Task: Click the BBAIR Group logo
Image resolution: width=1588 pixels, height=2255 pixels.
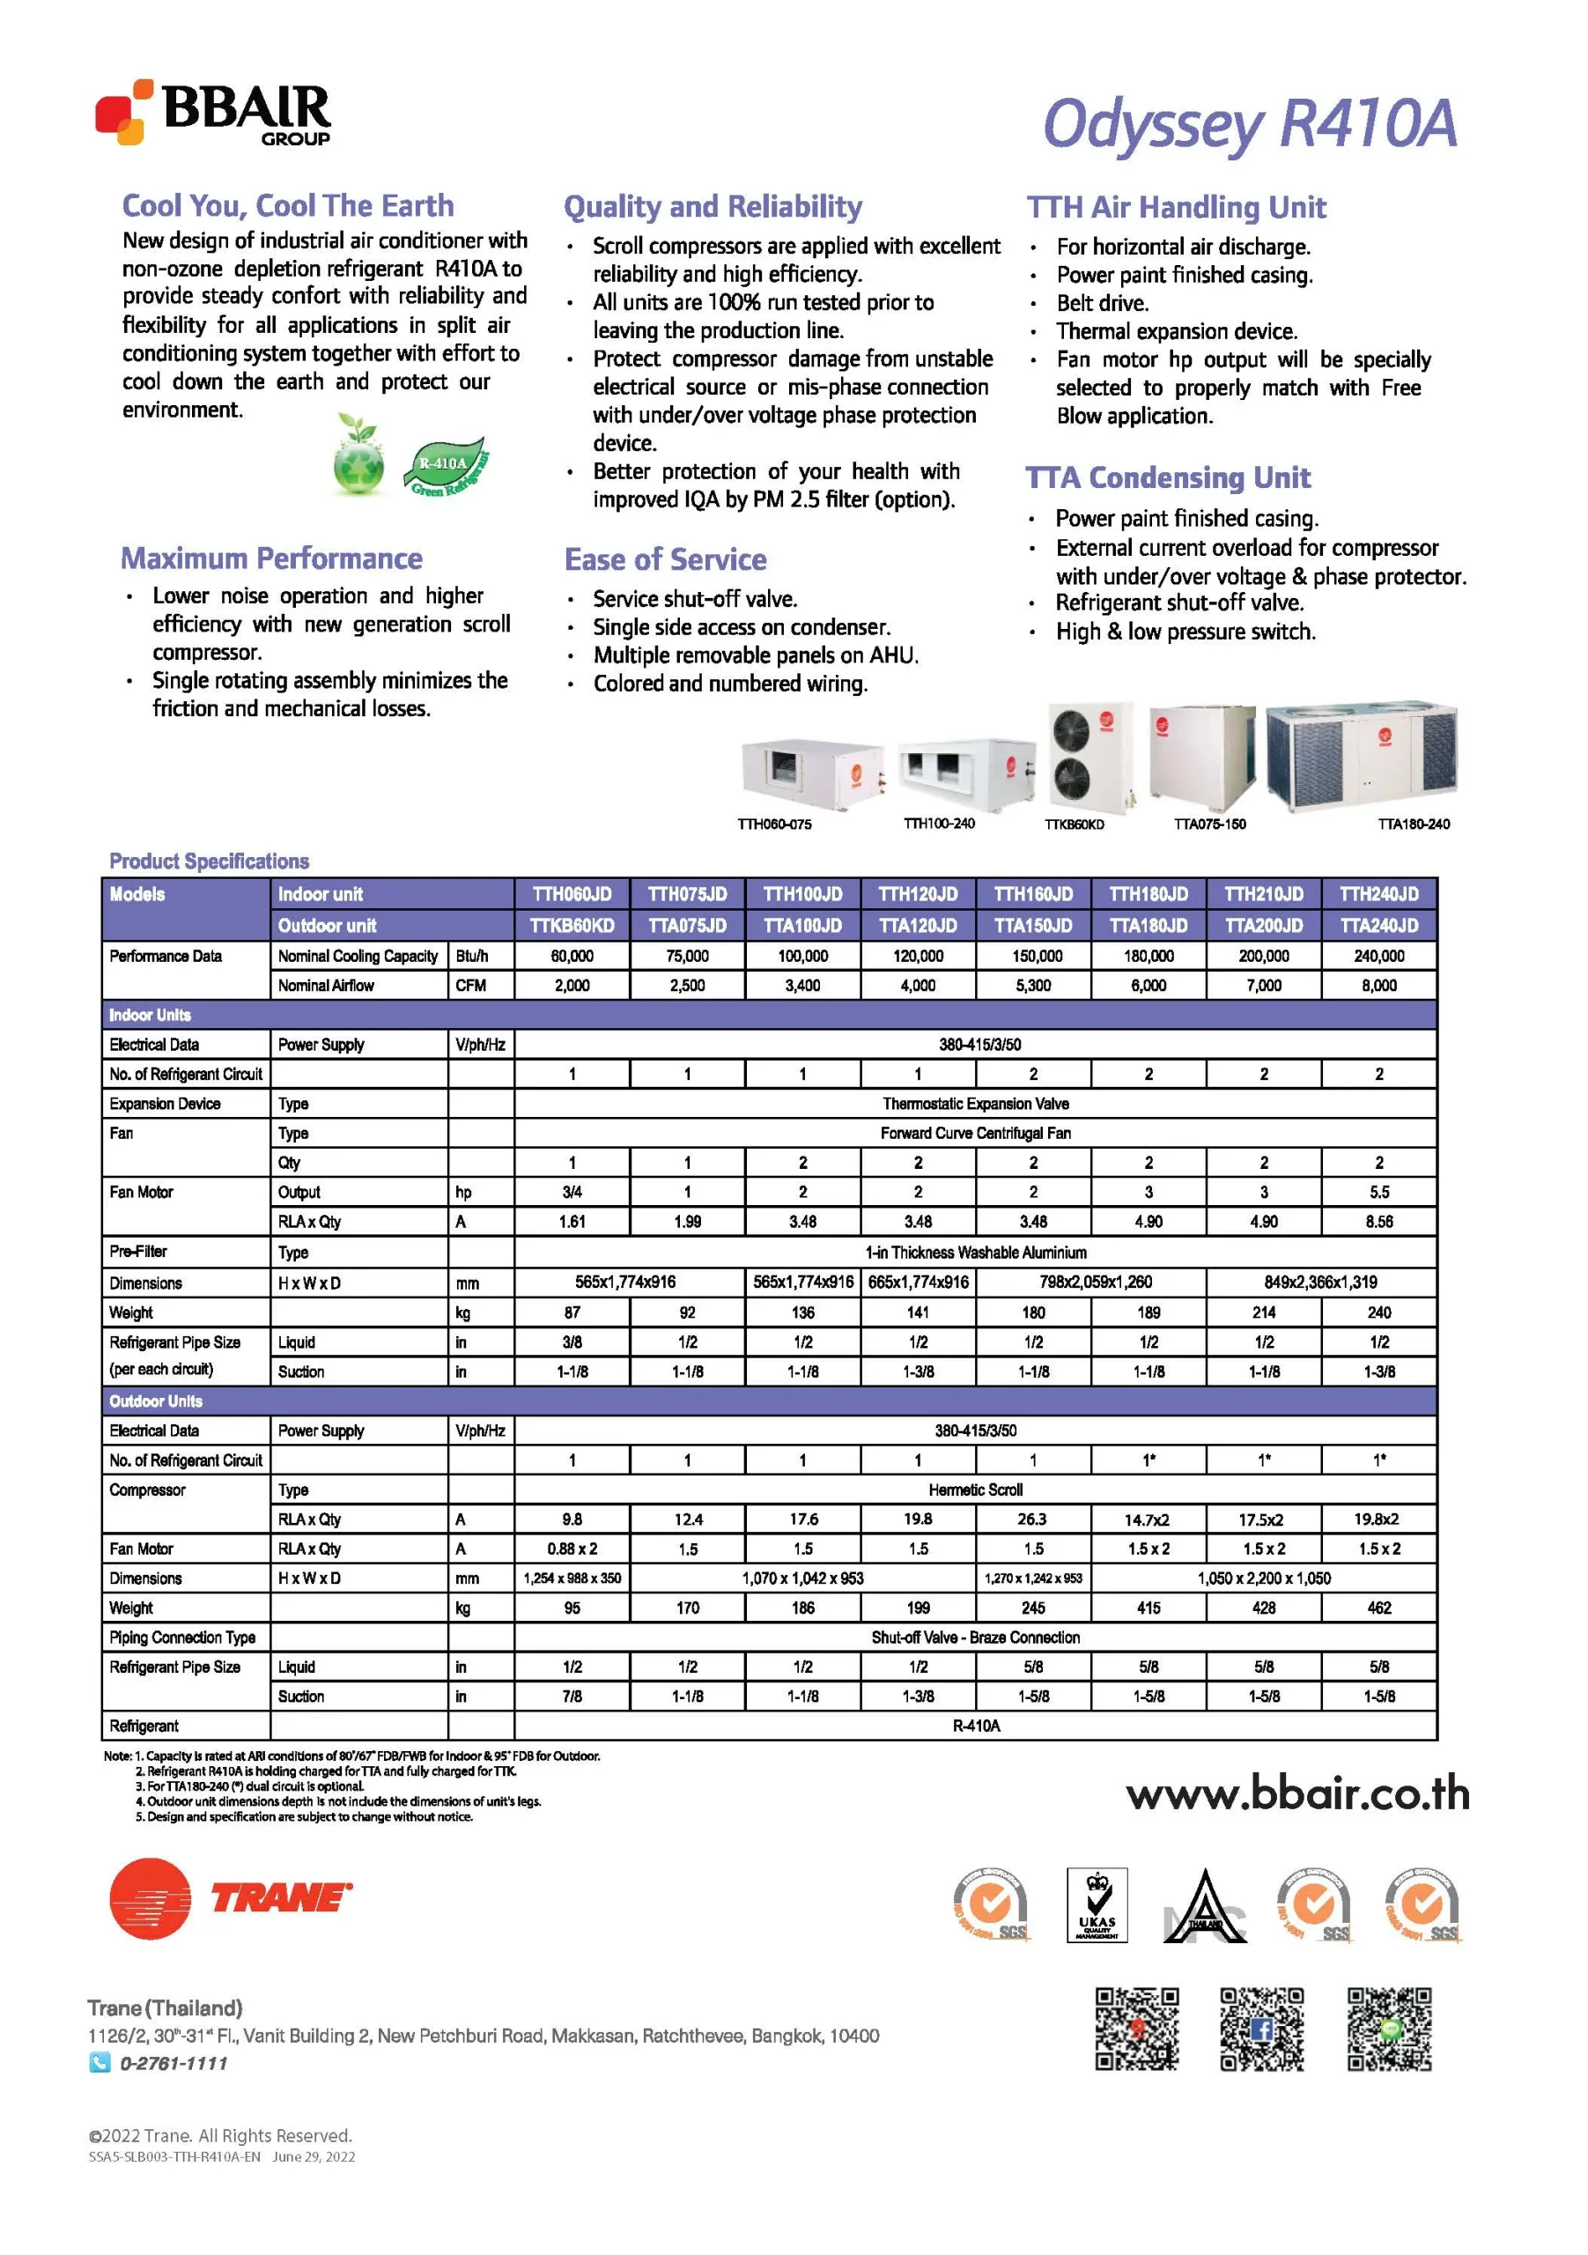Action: pyautogui.click(x=213, y=113)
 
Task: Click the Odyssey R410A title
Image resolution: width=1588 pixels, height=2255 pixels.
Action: pyautogui.click(x=1248, y=125)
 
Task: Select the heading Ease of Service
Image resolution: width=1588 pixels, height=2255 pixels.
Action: pyautogui.click(x=665, y=560)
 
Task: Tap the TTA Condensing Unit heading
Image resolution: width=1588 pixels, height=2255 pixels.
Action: pyautogui.click(x=1167, y=478)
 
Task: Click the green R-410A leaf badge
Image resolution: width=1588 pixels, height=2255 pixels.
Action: pyautogui.click(x=446, y=466)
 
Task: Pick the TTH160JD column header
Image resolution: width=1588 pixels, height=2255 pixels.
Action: pyautogui.click(x=1032, y=894)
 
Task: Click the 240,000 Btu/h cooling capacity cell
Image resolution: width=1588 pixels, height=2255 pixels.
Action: pyautogui.click(x=1377, y=956)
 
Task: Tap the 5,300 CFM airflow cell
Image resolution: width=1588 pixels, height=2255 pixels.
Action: pyautogui.click(x=1032, y=985)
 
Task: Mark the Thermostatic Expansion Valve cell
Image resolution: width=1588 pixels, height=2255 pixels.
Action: pyautogui.click(x=974, y=1104)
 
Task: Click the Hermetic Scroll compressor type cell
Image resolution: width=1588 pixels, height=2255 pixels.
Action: pyautogui.click(x=974, y=1490)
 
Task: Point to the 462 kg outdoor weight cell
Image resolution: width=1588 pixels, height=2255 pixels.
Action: pyautogui.click(x=1377, y=1608)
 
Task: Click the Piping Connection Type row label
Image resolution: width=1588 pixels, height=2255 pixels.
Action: pyautogui.click(x=182, y=1638)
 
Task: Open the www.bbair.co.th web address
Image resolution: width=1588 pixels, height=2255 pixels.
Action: pyautogui.click(x=1296, y=1794)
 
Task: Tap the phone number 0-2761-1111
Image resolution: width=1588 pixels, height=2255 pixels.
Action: pyautogui.click(x=173, y=2064)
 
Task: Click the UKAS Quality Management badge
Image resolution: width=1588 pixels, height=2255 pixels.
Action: pyautogui.click(x=1096, y=1905)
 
